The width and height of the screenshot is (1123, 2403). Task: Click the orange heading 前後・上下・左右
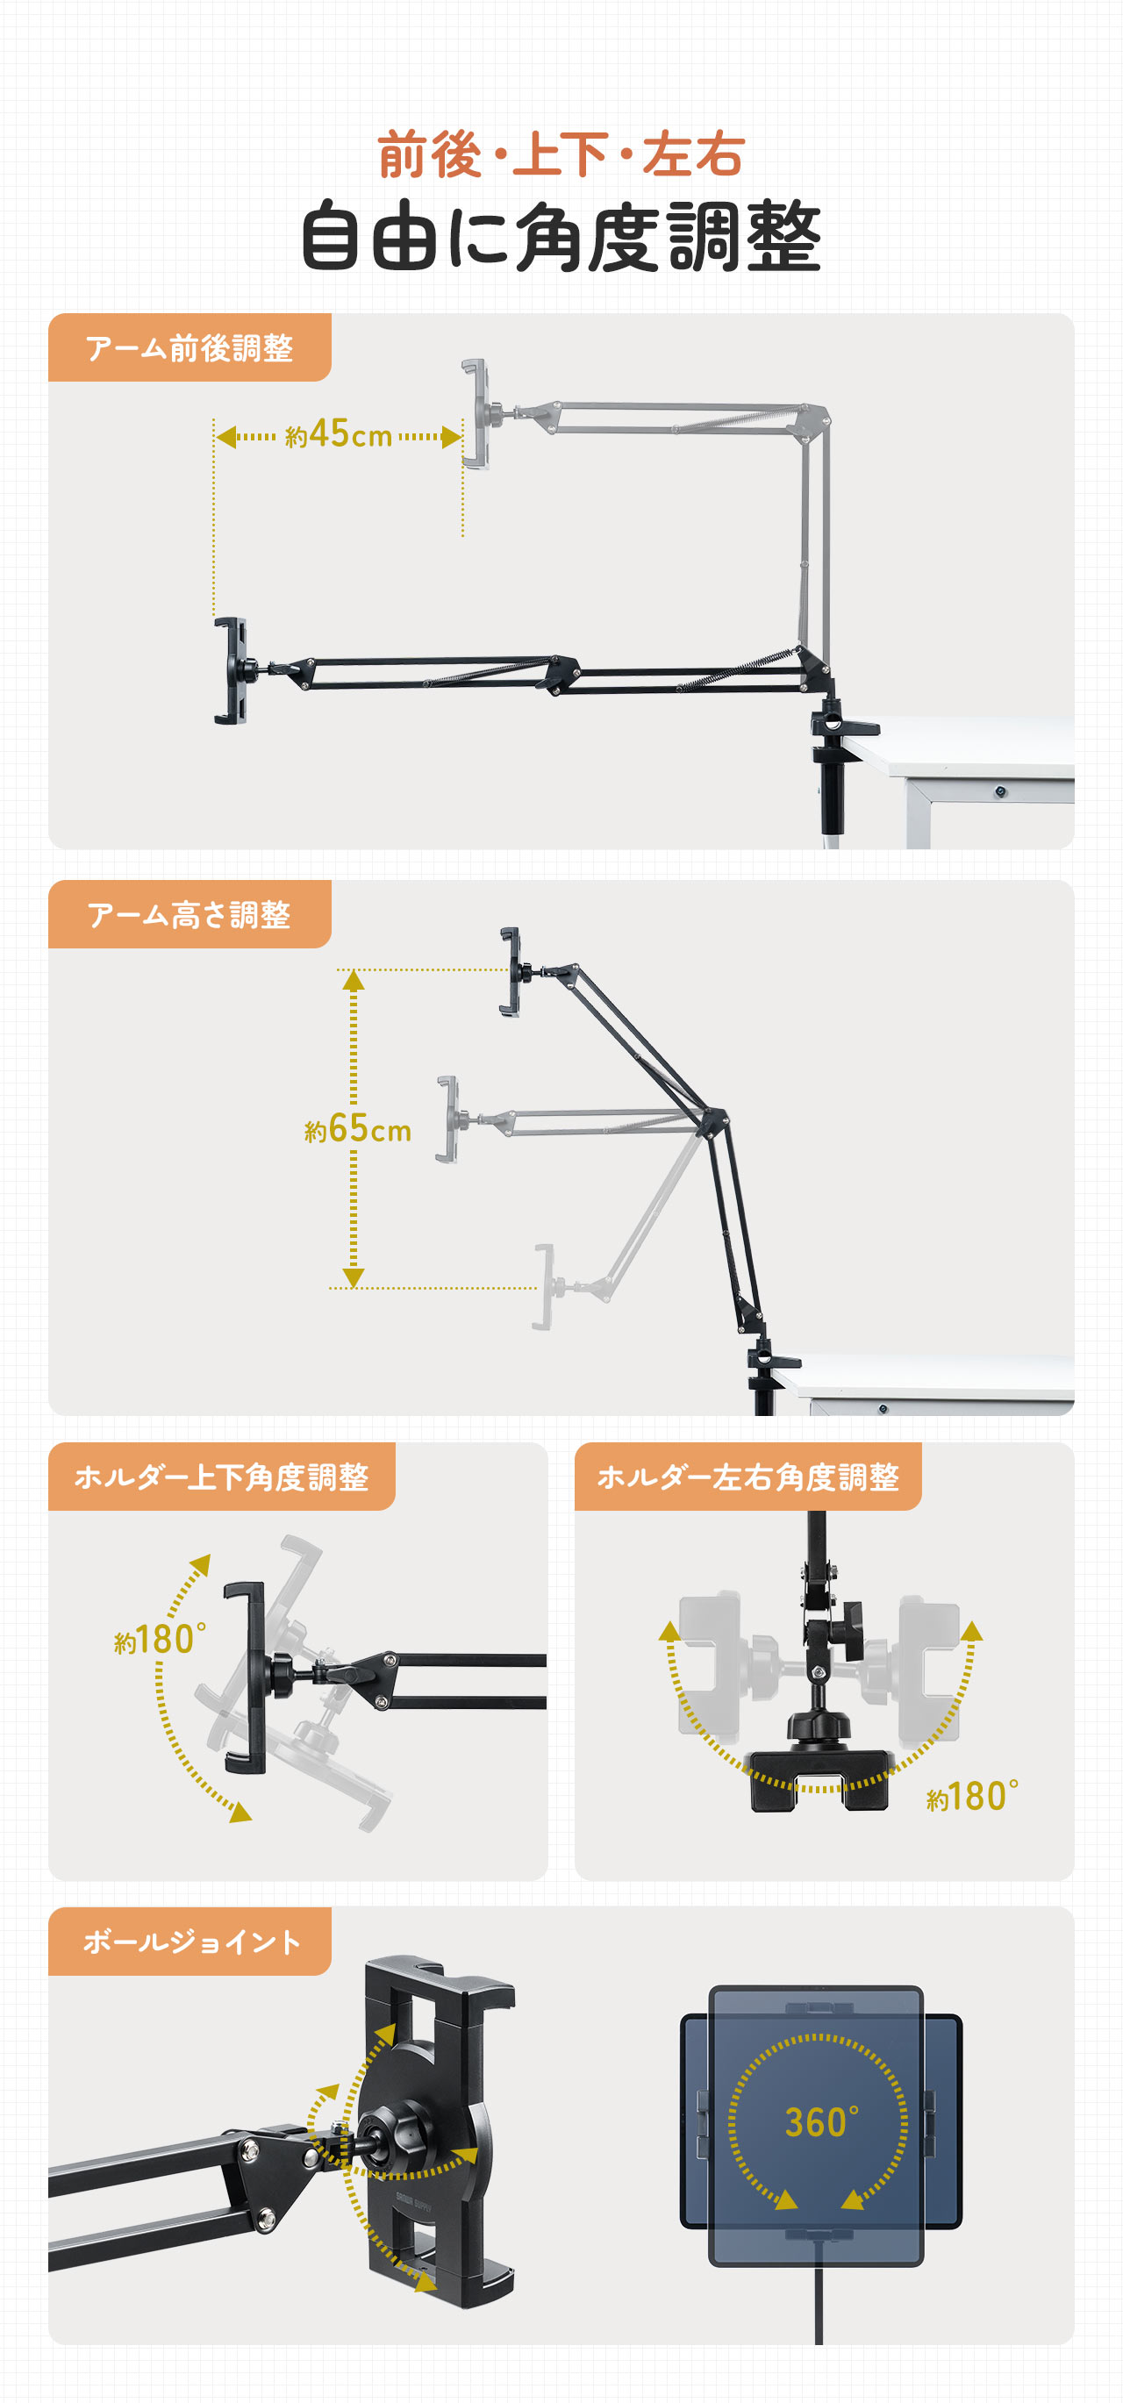561,155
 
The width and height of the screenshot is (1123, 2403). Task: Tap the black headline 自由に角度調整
561,236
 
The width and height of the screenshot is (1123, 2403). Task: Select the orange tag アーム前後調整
190,348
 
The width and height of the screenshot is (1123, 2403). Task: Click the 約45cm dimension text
338,434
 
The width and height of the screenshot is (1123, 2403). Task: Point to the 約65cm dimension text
357,1130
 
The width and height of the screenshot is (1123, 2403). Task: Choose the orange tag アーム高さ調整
190,915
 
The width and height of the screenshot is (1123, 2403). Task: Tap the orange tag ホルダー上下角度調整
221,1477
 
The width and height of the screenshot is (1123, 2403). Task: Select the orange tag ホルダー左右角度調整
747,1477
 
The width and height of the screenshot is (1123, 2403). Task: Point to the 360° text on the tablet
821,2123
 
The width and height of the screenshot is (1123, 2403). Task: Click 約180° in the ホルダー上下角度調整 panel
160,1640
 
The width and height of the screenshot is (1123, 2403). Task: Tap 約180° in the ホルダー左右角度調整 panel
972,1797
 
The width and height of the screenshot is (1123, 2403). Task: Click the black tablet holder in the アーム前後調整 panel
233,670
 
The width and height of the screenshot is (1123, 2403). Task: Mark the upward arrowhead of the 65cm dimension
354,979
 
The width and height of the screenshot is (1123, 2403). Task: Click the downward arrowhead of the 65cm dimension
354,1278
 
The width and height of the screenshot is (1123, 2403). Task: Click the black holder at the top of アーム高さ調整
511,971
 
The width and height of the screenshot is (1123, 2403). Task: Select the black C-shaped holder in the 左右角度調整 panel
819,1779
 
